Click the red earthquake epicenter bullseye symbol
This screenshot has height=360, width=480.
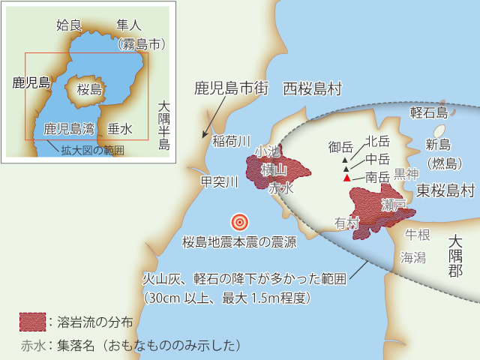(x=239, y=221)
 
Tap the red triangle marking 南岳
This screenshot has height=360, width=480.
(x=346, y=178)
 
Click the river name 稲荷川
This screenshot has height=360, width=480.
(x=229, y=140)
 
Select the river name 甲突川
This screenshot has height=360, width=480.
(x=220, y=181)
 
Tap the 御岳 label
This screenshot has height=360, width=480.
(x=340, y=147)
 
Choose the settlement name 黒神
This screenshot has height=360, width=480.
(x=406, y=173)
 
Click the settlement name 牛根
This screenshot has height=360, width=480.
(x=418, y=235)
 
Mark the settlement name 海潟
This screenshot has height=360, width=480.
(x=413, y=256)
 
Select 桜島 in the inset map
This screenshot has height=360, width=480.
(x=89, y=89)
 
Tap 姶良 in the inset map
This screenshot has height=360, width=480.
(x=68, y=25)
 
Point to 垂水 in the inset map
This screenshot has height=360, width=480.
(x=119, y=129)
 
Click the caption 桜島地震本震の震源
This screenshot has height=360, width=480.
(x=240, y=241)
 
